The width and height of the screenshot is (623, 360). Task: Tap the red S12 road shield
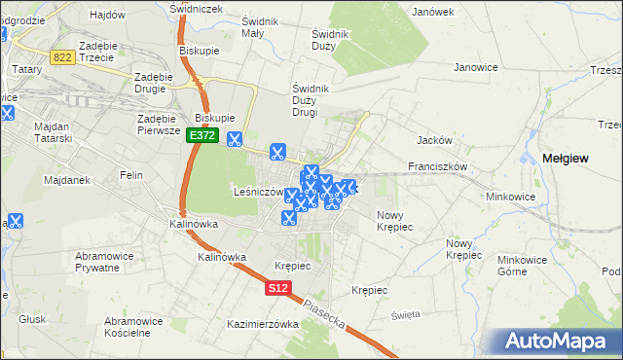point(278,288)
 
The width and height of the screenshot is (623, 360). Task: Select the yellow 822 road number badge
point(63,57)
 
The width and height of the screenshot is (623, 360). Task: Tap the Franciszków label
point(439,166)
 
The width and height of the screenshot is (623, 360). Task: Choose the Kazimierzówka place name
point(262,324)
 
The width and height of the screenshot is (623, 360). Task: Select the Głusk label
point(32,318)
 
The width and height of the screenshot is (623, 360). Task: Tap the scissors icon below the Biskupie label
point(235,139)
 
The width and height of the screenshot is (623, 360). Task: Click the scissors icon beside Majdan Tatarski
point(9,113)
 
